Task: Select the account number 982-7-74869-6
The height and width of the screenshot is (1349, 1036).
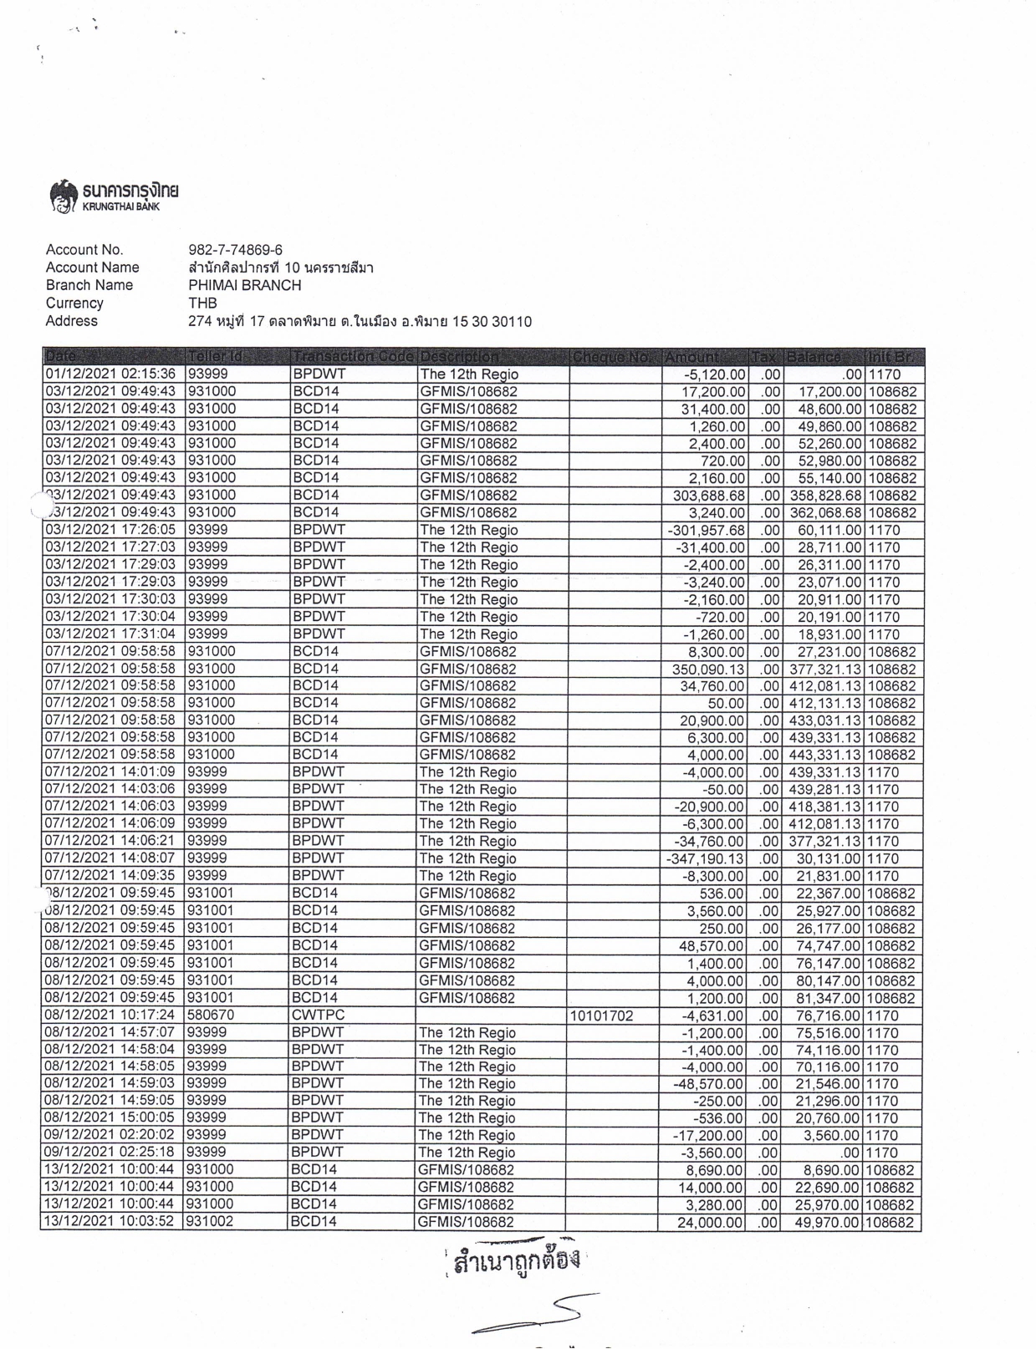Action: [236, 250]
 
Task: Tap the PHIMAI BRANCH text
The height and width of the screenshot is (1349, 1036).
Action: [245, 285]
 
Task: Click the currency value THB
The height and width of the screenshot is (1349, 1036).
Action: [202, 303]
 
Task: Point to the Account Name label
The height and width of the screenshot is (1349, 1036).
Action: [92, 267]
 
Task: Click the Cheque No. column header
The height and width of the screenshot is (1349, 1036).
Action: [613, 357]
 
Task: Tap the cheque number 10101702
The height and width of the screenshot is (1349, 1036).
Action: [601, 1016]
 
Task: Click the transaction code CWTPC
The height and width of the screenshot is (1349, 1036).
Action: [318, 1016]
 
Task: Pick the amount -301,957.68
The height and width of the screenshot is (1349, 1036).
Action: [707, 530]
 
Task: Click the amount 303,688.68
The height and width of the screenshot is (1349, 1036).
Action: [708, 495]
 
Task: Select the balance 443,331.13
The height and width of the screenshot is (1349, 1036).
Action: [825, 755]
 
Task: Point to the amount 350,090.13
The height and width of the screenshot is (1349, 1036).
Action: [708, 669]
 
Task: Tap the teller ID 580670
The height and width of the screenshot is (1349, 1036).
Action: [209, 1016]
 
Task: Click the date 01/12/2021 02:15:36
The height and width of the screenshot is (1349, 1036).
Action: [110, 374]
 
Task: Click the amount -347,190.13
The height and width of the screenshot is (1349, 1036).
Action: [705, 858]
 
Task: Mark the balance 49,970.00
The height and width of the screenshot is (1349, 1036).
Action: [825, 1222]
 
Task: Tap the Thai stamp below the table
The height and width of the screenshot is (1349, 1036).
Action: [515, 1261]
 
